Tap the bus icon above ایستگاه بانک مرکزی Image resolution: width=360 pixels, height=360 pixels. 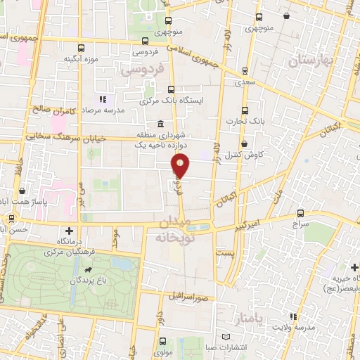[x=172, y=89]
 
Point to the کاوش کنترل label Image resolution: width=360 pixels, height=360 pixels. [x=250, y=154]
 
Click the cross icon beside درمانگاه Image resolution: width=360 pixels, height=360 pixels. [x=68, y=231]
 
